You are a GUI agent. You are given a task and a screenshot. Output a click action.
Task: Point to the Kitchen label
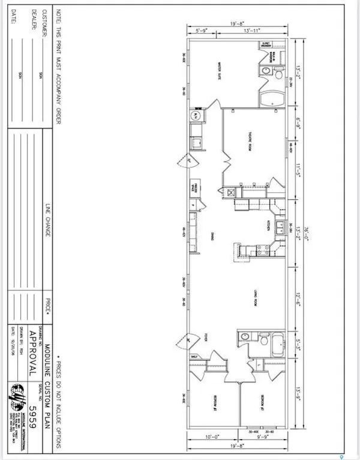(x=268, y=225)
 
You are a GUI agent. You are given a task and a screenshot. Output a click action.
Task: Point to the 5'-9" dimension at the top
(x=202, y=30)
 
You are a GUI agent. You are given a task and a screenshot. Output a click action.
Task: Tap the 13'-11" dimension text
(x=252, y=30)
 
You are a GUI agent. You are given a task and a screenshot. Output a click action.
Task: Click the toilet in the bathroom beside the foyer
(x=263, y=341)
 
